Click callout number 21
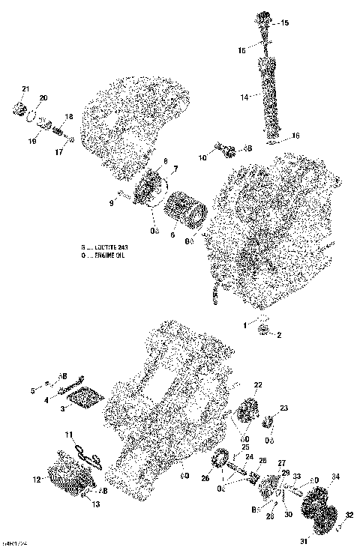[25, 90]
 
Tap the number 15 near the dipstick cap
[283, 24]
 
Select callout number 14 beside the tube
[244, 97]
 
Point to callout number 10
[202, 158]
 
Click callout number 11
[67, 435]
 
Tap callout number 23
[284, 408]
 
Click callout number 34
[335, 477]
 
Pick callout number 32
[348, 516]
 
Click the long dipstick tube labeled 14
[269, 96]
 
